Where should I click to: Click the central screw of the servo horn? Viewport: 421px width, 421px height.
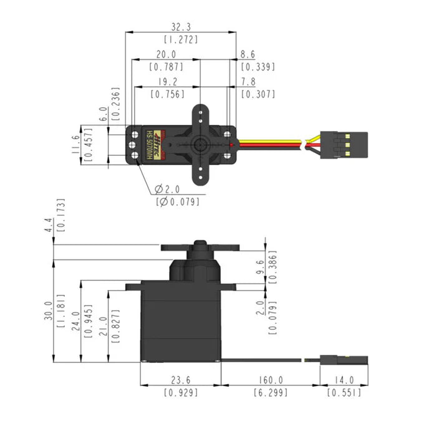[200, 143]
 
